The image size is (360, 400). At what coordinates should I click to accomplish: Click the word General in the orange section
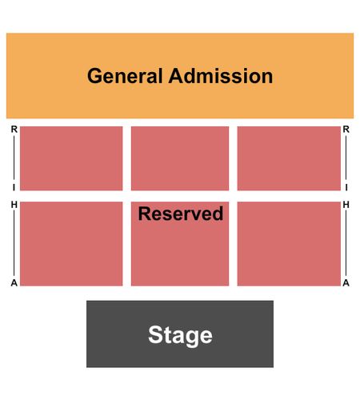pos(125,77)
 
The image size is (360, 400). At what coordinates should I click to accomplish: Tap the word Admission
pos(221,76)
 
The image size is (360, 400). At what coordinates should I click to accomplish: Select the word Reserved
pos(181,214)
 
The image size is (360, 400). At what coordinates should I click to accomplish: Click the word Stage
pos(180,336)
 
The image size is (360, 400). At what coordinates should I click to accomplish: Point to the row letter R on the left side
pos(14,130)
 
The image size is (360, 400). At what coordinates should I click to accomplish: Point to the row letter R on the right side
pos(346,130)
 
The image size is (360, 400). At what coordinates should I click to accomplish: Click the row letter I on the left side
pos(14,188)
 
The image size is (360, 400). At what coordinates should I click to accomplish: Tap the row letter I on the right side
pos(346,188)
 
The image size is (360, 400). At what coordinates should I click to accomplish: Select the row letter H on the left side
pos(14,205)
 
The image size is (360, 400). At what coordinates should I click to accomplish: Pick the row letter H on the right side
pos(346,205)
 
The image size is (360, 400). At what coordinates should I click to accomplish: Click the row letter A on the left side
pos(14,282)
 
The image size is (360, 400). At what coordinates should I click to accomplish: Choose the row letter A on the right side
pos(346,282)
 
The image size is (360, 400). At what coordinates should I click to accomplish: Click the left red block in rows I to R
pos(71,158)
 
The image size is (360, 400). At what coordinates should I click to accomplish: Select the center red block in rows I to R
pos(180,158)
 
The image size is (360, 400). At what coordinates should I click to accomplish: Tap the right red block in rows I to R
pos(289,158)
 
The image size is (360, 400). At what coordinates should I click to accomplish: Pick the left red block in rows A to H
pos(71,244)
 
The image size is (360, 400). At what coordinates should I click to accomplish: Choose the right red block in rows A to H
pos(289,244)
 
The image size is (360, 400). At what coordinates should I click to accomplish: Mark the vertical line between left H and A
pos(14,244)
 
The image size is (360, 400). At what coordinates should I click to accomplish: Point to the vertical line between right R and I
pos(346,158)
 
